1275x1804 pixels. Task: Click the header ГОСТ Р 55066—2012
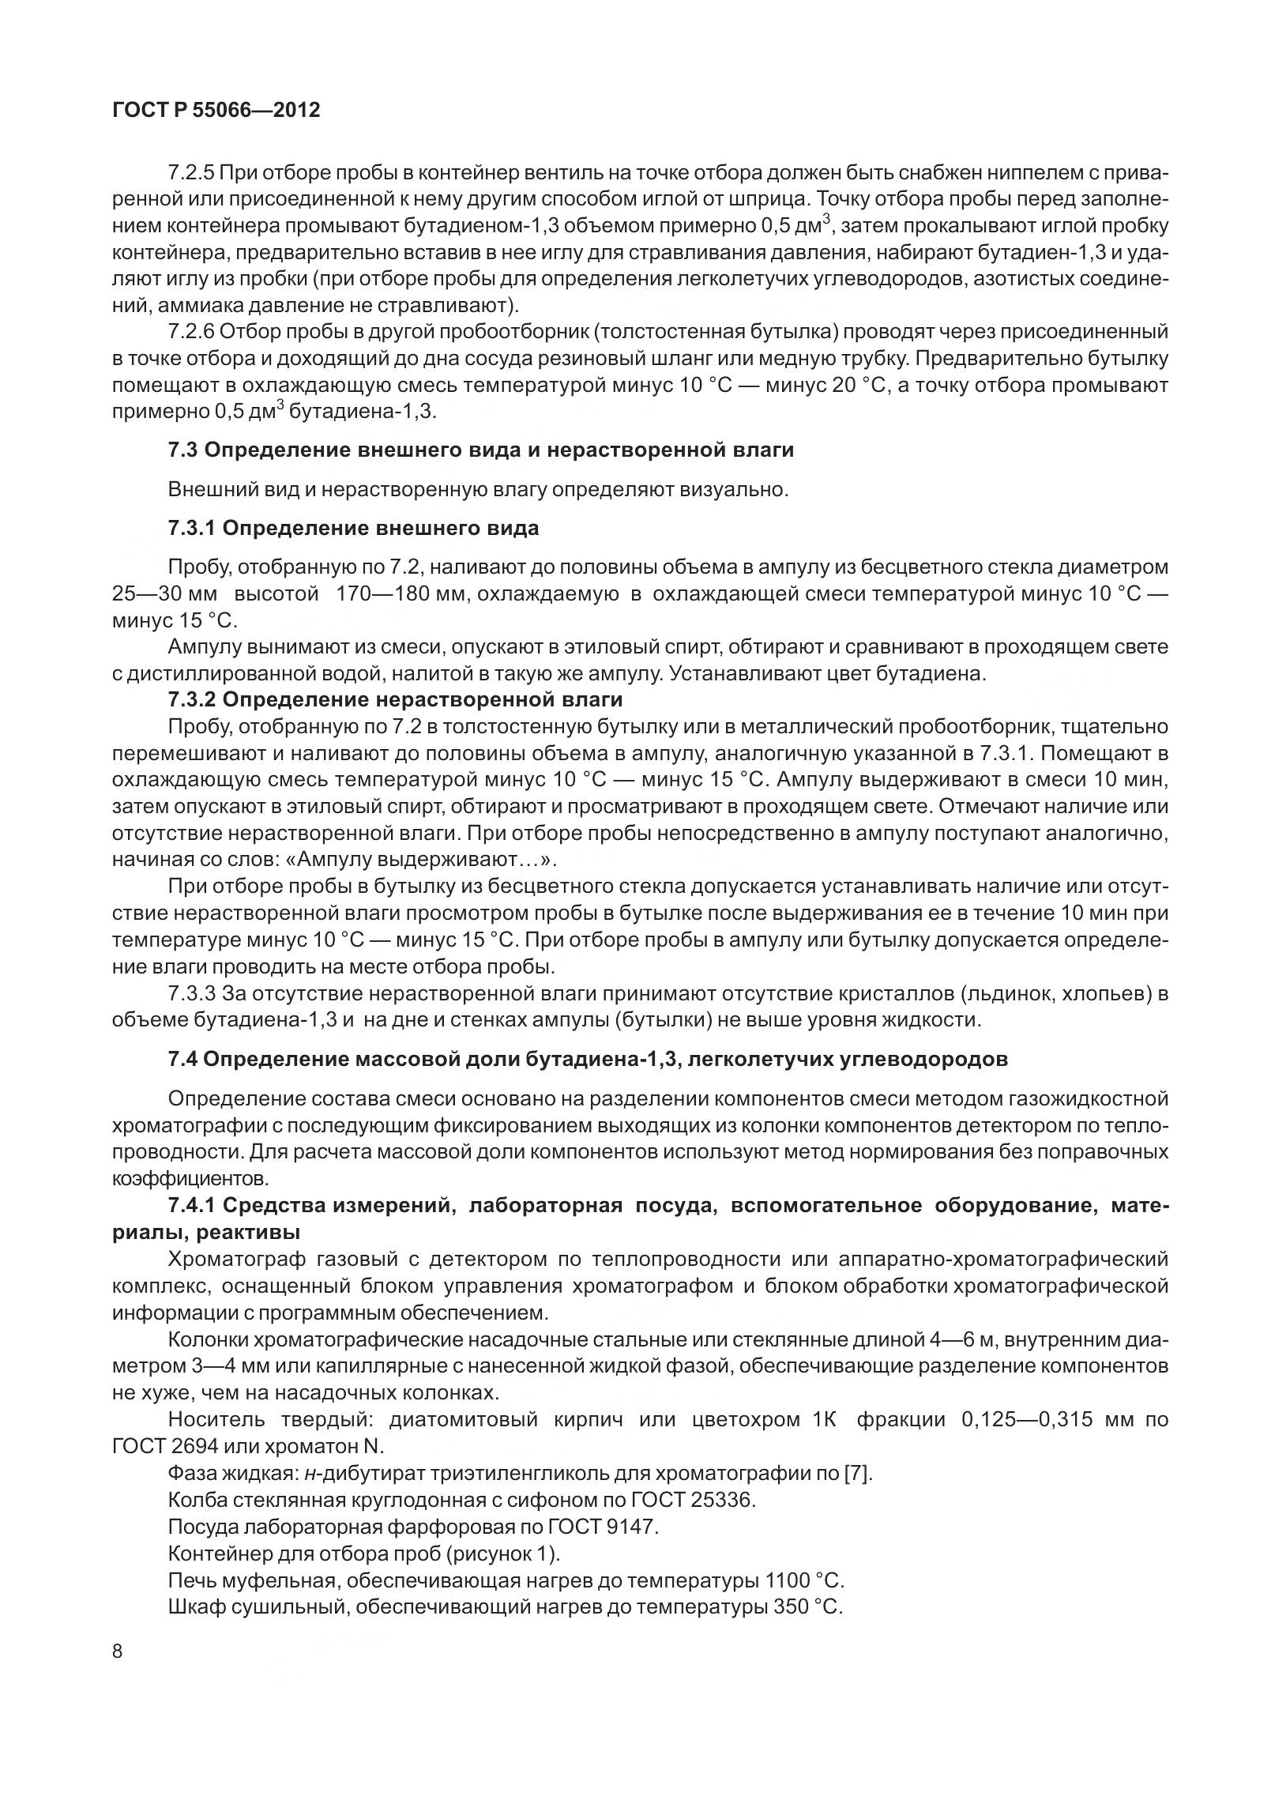216,110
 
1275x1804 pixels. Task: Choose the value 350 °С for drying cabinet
810,1606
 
